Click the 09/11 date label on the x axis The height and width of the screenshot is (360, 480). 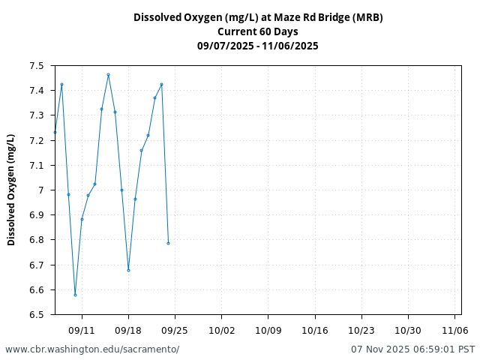pyautogui.click(x=82, y=330)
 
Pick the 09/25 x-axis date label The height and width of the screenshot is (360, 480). pyautogui.click(x=175, y=330)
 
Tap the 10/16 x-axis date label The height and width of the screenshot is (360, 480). pyautogui.click(x=315, y=330)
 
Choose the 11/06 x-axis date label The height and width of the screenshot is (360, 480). pyautogui.click(x=454, y=330)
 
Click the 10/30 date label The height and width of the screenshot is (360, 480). pyautogui.click(x=408, y=330)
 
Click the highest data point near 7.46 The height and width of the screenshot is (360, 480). pyautogui.click(x=108, y=74)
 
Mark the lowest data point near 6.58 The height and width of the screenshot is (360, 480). pyautogui.click(x=75, y=295)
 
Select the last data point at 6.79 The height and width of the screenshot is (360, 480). pyautogui.click(x=168, y=243)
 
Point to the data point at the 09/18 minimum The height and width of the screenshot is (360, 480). pyautogui.click(x=128, y=270)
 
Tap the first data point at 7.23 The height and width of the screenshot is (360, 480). pyautogui.click(x=55, y=132)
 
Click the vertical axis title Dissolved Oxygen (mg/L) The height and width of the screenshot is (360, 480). pyautogui.click(x=11, y=190)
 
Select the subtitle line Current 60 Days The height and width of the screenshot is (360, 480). pyautogui.click(x=257, y=31)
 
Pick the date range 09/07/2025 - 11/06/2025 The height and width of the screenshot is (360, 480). pyautogui.click(x=257, y=46)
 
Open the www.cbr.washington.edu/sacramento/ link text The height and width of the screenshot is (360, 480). pyautogui.click(x=92, y=349)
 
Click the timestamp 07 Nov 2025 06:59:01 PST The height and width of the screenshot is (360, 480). pyautogui.click(x=412, y=349)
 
